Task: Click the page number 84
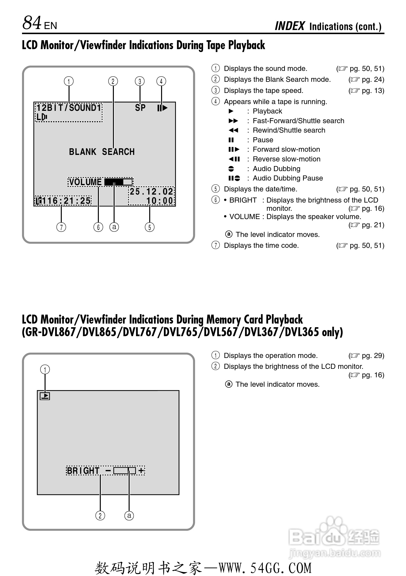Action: pos(32,23)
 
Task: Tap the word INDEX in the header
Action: pos(289,26)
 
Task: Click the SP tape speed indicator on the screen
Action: pos(140,108)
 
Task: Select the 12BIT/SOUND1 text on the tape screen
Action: pos(69,108)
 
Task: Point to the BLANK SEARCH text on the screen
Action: pos(102,152)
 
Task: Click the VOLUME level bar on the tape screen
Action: pos(118,182)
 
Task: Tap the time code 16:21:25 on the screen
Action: pos(66,201)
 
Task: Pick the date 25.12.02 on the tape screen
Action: pos(151,192)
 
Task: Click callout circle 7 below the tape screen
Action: pos(61,227)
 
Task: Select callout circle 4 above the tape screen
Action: pos(161,81)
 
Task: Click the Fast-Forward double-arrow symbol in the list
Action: pos(233,121)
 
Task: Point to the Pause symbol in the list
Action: pos(231,140)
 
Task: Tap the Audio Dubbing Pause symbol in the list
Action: pos(234,178)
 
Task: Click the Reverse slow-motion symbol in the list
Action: pos(234,159)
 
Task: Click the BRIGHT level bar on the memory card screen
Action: pos(124,470)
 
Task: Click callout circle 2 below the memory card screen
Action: pos(100,516)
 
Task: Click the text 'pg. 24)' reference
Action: pos(373,80)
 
